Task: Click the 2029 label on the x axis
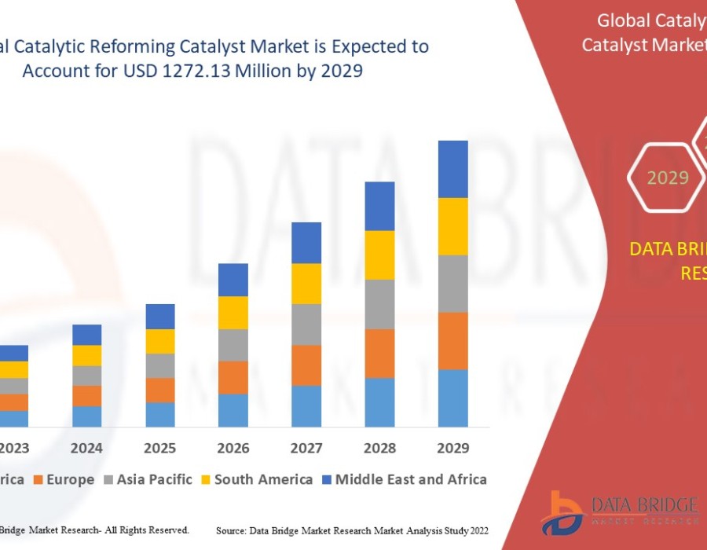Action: pos(452,449)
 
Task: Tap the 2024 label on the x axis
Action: pos(87,449)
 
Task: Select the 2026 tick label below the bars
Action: pos(233,449)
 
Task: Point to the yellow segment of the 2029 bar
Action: pos(452,226)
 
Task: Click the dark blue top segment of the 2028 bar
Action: pos(379,206)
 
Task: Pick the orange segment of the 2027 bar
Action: pos(306,365)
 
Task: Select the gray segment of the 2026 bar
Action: pos(233,345)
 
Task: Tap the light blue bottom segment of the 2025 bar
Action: pos(160,414)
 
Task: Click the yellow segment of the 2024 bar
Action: pos(87,355)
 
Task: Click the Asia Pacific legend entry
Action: pos(154,479)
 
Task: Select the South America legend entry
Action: pos(263,479)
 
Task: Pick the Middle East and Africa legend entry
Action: pos(411,479)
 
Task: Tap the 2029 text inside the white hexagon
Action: pos(668,178)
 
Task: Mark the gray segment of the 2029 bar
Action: pos(452,284)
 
